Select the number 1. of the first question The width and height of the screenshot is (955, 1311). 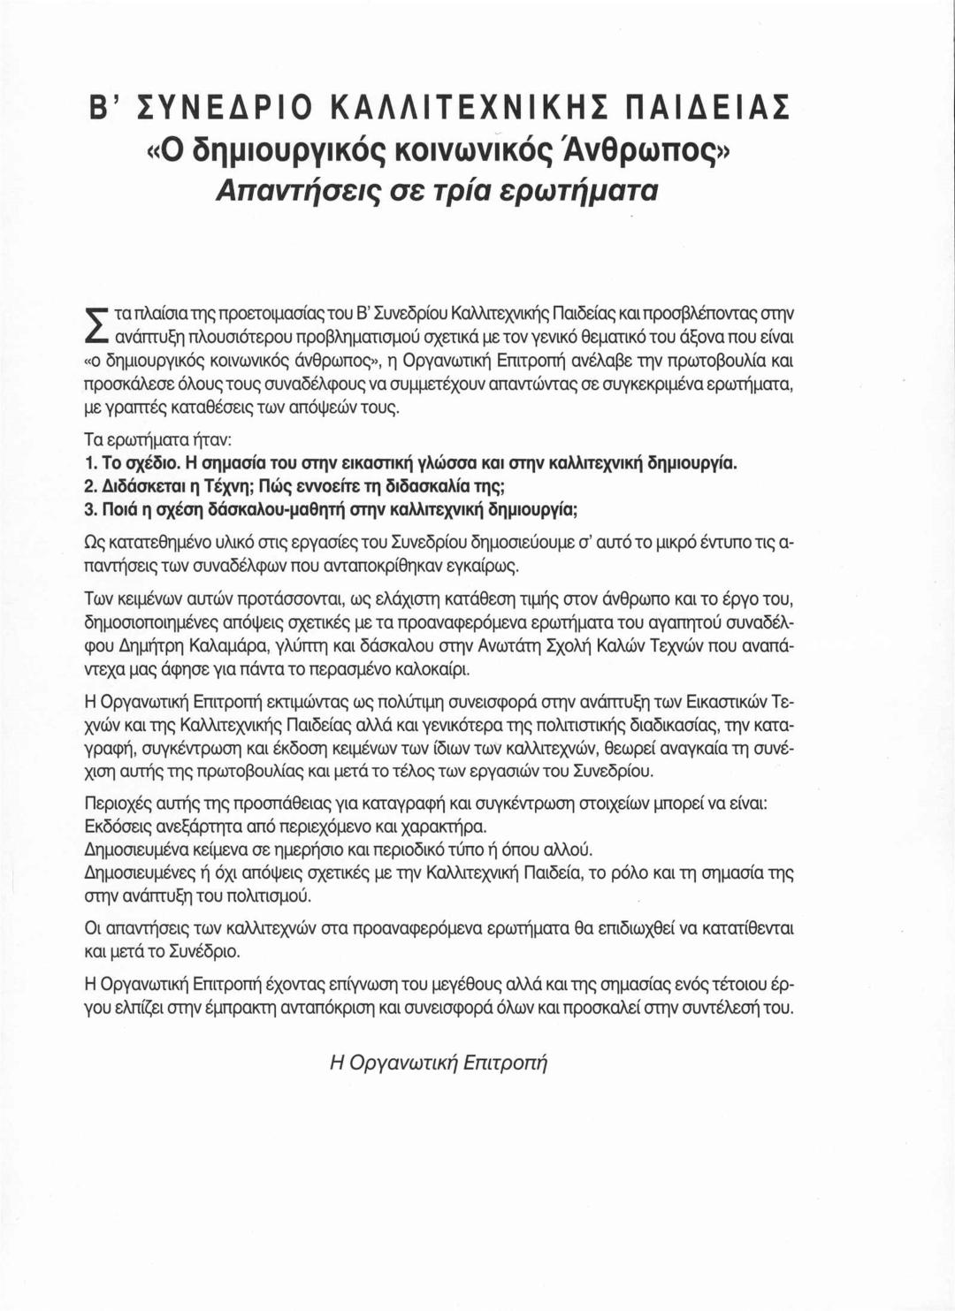coord(89,463)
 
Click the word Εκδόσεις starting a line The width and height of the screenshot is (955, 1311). coord(116,827)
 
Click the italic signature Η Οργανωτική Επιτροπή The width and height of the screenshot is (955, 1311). coord(439,1063)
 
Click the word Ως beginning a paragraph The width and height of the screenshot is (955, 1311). coord(94,541)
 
